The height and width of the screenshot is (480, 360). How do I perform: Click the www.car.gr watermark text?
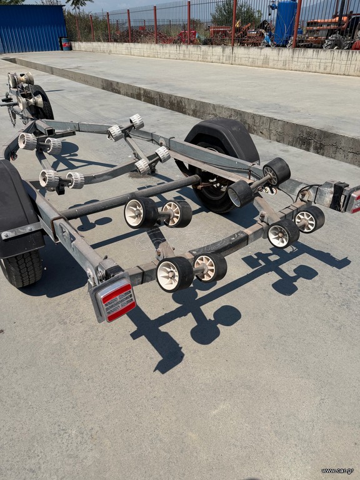coord(337,471)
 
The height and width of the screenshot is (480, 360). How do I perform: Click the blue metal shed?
coord(32,28)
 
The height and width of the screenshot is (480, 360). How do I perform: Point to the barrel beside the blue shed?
coord(65,44)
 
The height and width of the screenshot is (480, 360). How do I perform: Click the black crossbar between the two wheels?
coord(130,197)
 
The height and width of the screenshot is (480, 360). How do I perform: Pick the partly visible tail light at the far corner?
coord(354,200)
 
